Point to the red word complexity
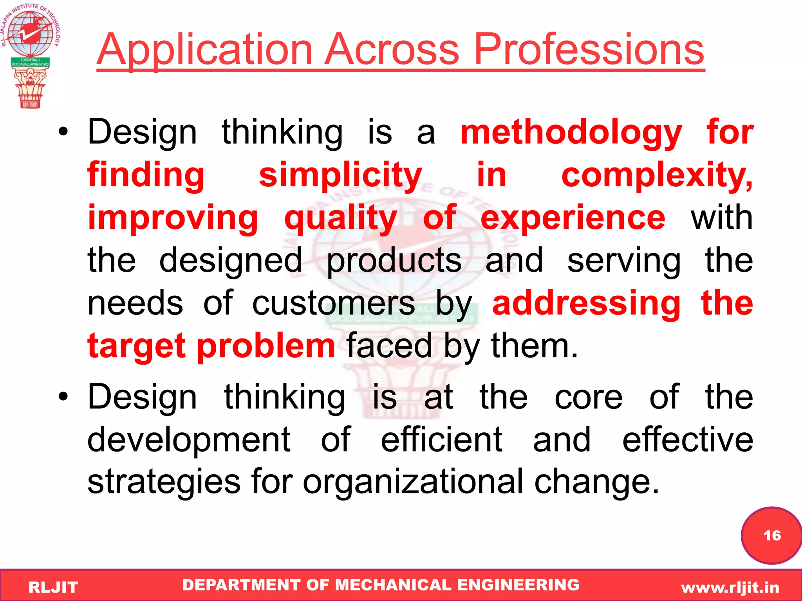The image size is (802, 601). point(656,176)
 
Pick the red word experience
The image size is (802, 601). point(573,218)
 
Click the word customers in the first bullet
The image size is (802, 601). point(333,303)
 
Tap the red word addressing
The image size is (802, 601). point(586,303)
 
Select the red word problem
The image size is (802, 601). point(266,346)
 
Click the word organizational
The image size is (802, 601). point(413,482)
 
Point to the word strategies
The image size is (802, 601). point(164,482)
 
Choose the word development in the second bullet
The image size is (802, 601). point(189,439)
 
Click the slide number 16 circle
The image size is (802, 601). point(771,536)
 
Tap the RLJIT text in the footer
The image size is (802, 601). point(53,587)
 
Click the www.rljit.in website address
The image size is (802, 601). point(730,587)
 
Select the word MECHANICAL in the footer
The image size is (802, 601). point(393,585)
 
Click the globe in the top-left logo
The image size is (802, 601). point(30,32)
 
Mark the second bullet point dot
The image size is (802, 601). point(63,397)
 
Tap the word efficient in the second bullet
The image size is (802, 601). point(441,439)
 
